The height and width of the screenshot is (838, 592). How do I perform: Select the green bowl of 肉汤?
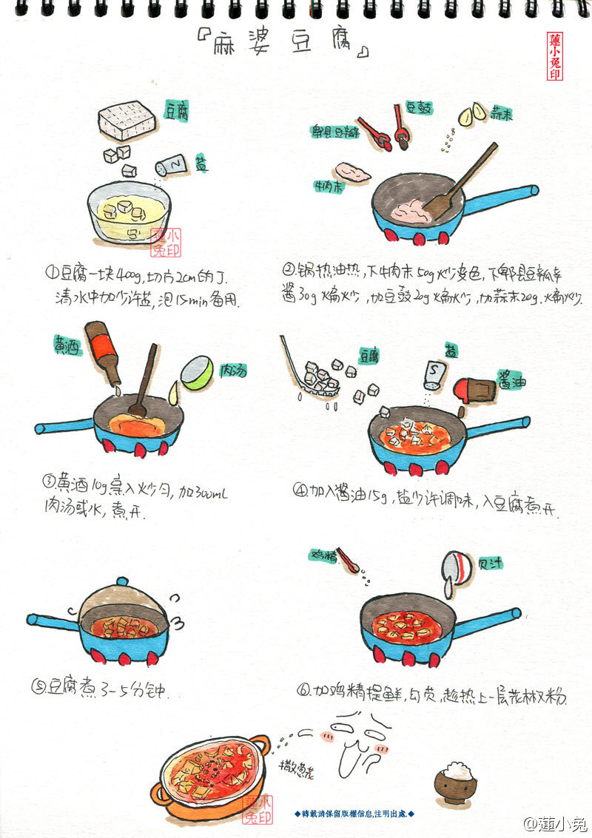coord(197,372)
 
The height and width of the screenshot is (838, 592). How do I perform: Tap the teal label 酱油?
coord(511,376)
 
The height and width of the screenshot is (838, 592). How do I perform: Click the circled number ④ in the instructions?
coord(299,490)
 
